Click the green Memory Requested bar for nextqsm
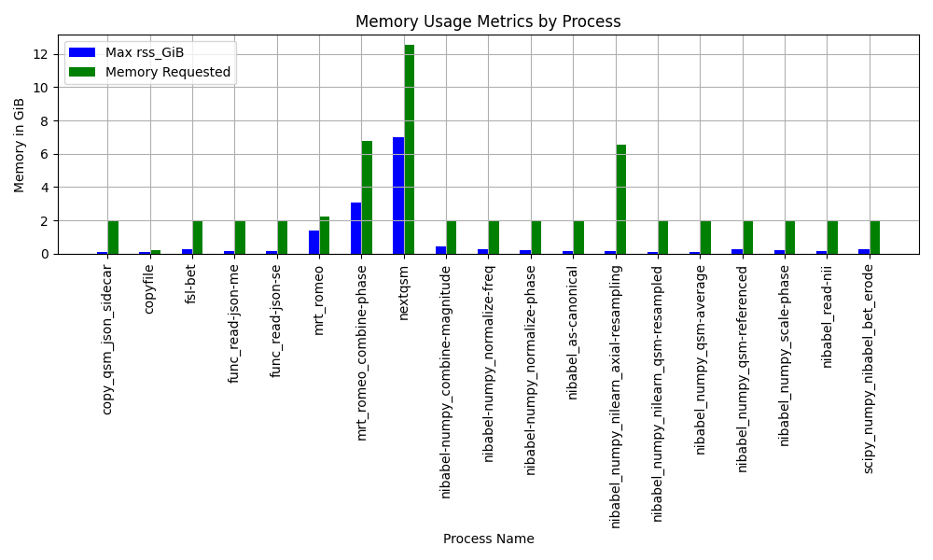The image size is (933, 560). (410, 149)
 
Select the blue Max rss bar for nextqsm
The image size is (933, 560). (398, 196)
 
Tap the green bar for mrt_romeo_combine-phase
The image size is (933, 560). (367, 198)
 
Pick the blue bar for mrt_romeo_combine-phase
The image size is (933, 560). (356, 229)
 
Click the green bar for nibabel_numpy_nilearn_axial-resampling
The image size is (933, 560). (621, 200)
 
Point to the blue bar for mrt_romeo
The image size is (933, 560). (314, 243)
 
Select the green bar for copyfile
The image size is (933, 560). (155, 252)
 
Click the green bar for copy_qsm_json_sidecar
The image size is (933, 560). (113, 237)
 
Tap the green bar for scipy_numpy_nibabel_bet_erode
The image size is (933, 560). (875, 237)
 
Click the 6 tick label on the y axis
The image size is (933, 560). (44, 155)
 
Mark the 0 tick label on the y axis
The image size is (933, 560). (44, 254)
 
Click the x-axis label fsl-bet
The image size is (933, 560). (190, 285)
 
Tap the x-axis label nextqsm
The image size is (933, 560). (403, 293)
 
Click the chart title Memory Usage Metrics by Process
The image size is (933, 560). (488, 21)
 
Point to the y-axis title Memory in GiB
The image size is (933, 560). (19, 146)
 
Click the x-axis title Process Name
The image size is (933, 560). (489, 539)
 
